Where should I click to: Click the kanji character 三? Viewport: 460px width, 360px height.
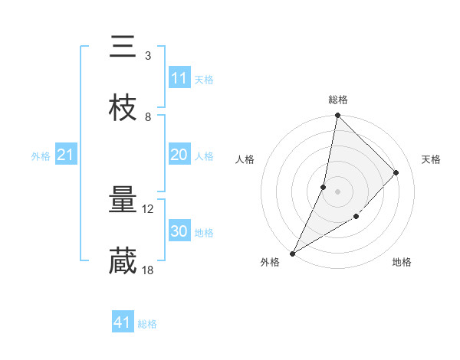(123, 48)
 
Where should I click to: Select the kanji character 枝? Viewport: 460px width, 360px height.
(123, 109)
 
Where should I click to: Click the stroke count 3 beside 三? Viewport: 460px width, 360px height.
(148, 56)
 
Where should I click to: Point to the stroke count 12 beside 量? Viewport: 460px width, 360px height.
(149, 209)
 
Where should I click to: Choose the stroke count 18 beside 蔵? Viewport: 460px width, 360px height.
(149, 270)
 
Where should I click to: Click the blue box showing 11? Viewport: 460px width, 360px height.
(179, 78)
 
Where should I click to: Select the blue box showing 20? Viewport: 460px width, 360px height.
(179, 155)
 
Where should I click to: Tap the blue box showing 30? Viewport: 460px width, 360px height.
(179, 231)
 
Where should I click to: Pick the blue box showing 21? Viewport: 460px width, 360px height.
(66, 155)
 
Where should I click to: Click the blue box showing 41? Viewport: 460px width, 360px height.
(123, 323)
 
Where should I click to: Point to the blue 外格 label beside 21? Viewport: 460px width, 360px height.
(41, 156)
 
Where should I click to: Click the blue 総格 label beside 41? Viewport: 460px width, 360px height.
(147, 324)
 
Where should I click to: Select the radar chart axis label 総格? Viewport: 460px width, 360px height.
(338, 100)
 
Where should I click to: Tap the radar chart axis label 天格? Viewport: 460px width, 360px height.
(431, 159)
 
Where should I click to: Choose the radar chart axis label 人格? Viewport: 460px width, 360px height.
(245, 159)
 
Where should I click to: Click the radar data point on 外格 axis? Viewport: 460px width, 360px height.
(292, 253)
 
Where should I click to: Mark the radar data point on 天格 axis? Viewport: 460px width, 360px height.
(396, 172)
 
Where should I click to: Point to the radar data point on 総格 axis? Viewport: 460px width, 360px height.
(338, 116)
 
